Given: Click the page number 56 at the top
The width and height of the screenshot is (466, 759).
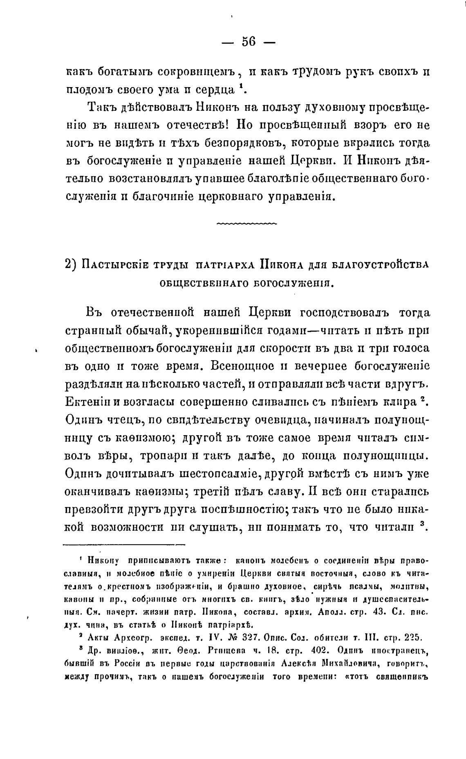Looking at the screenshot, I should [249, 42].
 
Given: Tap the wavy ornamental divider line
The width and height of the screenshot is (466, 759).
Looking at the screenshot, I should [246, 224].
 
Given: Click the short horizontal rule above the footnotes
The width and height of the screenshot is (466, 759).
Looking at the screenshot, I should [124, 544].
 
